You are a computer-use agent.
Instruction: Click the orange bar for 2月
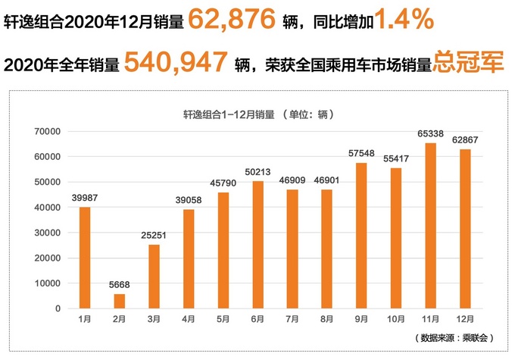coord(120,301)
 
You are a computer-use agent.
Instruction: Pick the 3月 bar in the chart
coord(154,277)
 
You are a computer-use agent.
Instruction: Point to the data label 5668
coord(120,284)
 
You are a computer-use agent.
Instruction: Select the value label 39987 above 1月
coord(85,198)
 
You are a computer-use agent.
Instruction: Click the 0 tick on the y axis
coord(57,308)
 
